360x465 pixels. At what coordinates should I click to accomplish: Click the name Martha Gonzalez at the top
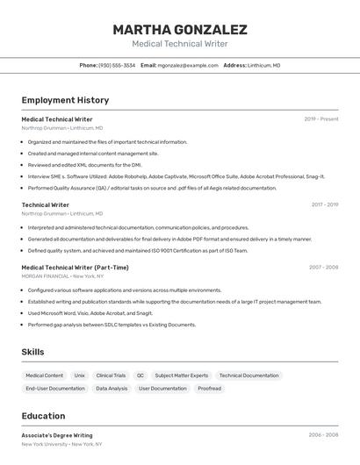(x=180, y=30)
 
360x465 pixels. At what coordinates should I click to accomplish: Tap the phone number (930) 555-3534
(x=117, y=65)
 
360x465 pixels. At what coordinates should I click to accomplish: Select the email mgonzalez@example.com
(x=188, y=65)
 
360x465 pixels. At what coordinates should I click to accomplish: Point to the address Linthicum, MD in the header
(x=263, y=65)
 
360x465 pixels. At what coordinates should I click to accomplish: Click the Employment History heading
(x=65, y=100)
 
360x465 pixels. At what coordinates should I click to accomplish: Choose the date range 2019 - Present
(x=321, y=119)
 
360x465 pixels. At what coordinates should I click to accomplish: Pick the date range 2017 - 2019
(x=325, y=204)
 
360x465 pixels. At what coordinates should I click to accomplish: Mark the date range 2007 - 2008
(x=323, y=268)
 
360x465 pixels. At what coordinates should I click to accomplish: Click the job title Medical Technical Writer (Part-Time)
(x=75, y=268)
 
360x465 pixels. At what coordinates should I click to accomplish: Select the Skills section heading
(x=33, y=352)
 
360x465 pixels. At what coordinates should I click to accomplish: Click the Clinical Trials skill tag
(x=111, y=376)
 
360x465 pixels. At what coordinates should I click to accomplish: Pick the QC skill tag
(x=140, y=376)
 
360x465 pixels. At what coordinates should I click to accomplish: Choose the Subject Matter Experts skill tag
(x=182, y=376)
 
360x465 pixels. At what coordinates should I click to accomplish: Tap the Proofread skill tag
(x=209, y=388)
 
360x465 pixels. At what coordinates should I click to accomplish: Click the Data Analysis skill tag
(x=112, y=388)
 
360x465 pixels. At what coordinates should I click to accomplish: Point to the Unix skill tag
(x=79, y=376)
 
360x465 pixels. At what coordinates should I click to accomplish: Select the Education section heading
(x=43, y=416)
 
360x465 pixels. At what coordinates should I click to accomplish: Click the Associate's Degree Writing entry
(x=56, y=435)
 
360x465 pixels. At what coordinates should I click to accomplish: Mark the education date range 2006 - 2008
(x=323, y=435)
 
